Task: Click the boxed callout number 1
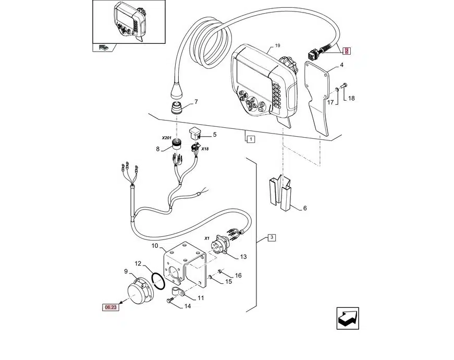251,139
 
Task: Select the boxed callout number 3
271,238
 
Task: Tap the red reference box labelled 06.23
111,307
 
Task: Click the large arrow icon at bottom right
348,318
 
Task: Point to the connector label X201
166,138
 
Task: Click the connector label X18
205,149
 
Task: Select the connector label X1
207,238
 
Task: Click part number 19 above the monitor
278,45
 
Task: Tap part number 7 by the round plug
196,102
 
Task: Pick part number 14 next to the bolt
188,306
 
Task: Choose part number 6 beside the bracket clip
304,208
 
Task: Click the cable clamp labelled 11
177,292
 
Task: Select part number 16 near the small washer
238,275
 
